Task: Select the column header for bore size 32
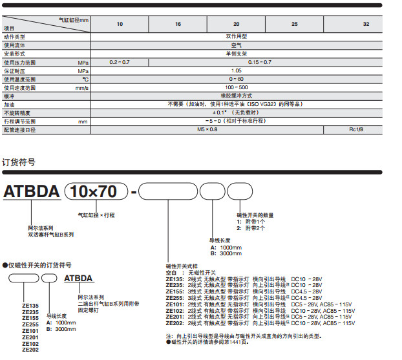coord(366,24)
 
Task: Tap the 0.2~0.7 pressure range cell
coord(120,62)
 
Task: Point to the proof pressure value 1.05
coord(236,70)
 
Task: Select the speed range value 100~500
coord(236,87)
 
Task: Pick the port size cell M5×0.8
coord(207,129)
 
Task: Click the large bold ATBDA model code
coord(32,192)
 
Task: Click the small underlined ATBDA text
coord(78,279)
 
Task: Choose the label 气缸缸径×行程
coord(96,214)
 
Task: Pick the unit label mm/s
coord(81,87)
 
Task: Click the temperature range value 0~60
coord(236,79)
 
